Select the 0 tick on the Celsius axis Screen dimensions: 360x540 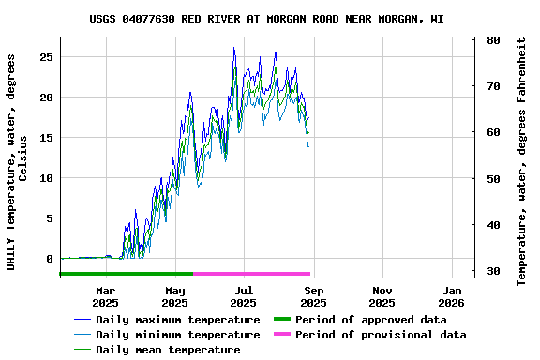[x=50, y=259]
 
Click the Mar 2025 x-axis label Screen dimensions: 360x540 [x=105, y=296]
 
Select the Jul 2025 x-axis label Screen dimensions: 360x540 [x=243, y=296]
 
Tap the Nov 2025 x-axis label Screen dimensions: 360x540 [x=382, y=296]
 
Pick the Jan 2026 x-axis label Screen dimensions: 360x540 [x=451, y=296]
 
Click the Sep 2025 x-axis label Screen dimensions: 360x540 [x=313, y=296]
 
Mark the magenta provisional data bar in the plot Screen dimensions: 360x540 [x=251, y=274]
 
